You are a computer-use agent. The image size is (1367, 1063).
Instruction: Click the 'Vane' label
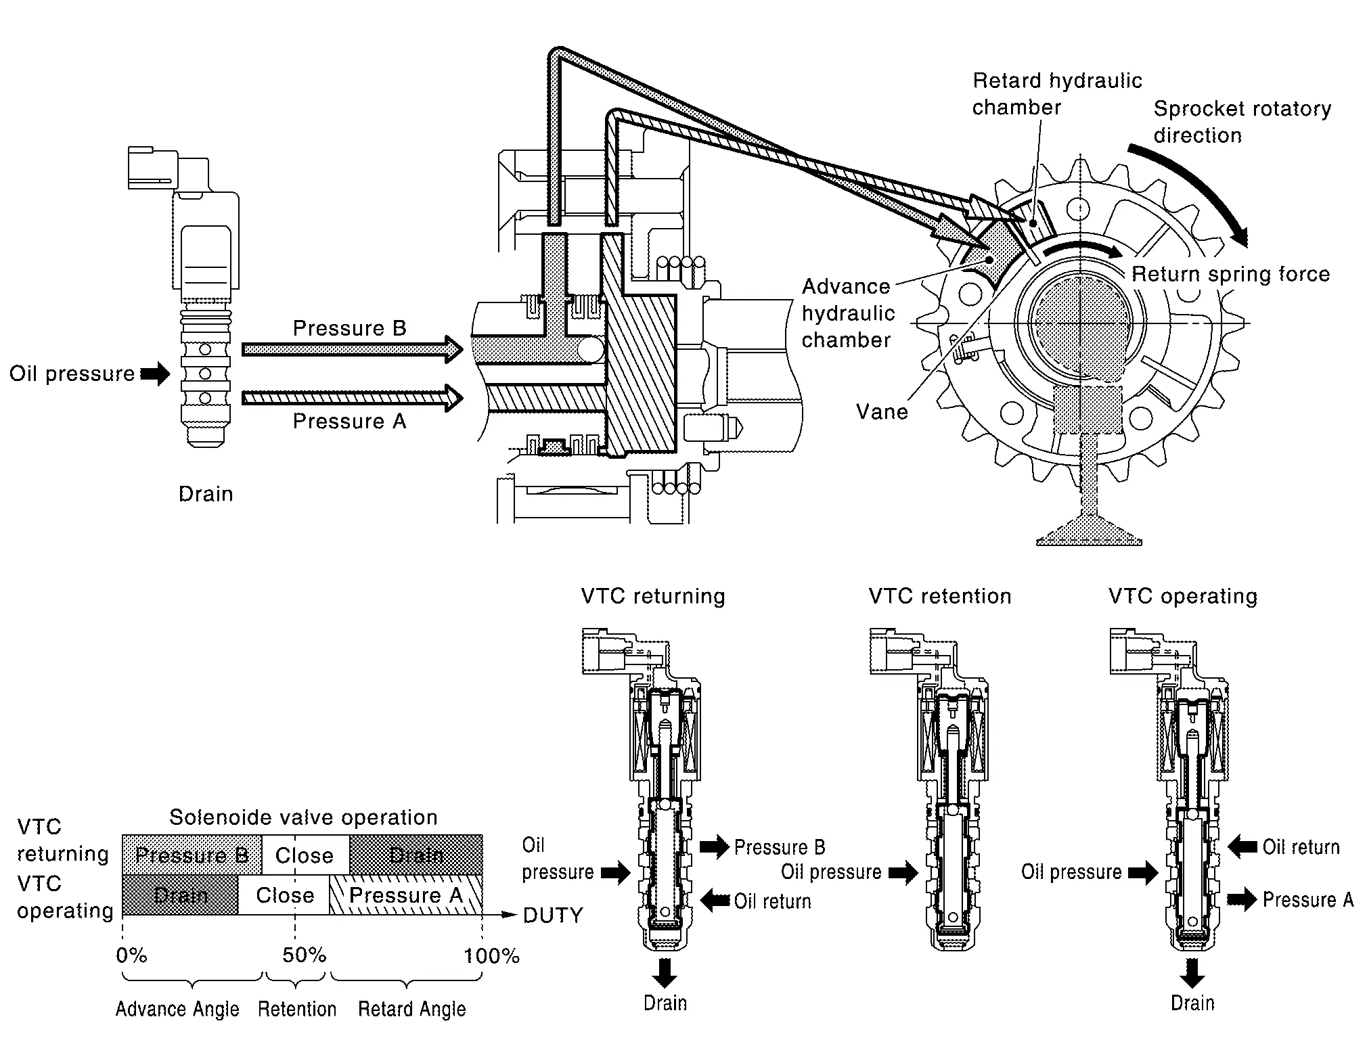pos(881,411)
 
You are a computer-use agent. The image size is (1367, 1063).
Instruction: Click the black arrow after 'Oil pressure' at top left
pos(155,374)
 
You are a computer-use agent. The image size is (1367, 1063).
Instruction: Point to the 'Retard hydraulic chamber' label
pos(1056,94)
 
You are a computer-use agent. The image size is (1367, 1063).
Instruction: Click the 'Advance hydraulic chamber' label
pos(847,313)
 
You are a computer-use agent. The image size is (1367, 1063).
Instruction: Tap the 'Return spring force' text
pos(1230,274)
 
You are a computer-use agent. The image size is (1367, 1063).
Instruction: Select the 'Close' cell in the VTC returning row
pos(305,855)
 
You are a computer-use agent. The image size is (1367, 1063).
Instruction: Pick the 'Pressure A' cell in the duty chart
pos(405,895)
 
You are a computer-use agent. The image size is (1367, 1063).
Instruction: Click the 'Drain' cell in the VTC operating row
pos(180,895)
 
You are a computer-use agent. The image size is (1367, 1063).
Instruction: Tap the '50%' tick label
pos(304,955)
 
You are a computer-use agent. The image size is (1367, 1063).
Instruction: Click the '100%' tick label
pos(491,956)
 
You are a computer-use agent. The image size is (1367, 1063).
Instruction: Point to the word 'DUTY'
pos(553,915)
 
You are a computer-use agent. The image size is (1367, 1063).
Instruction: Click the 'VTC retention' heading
pos(940,596)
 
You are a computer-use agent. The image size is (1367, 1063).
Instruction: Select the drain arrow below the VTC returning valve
pos(665,972)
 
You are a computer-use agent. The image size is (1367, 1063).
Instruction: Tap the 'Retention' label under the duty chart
pos(297,1009)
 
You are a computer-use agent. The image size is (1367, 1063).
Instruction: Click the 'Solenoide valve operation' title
pos(303,817)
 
